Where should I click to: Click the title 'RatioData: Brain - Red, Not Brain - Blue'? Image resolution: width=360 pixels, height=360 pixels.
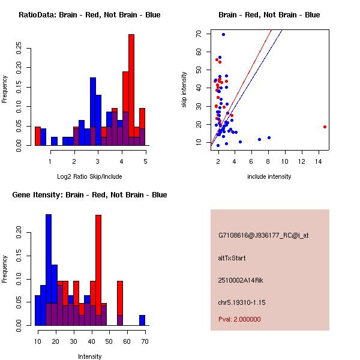coord(89,14)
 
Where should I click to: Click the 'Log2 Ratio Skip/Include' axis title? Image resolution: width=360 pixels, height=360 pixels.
coord(89,176)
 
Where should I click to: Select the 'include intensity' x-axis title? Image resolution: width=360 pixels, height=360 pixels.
coord(269,176)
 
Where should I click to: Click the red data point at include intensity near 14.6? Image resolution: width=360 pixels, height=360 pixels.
coord(325,127)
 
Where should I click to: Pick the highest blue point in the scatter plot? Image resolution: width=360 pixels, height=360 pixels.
coord(223,34)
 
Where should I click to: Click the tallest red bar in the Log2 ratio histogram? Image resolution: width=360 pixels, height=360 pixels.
coord(131,90)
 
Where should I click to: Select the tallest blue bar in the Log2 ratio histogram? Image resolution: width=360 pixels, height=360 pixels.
coord(93,112)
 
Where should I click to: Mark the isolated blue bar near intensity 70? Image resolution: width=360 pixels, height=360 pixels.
coord(142,320)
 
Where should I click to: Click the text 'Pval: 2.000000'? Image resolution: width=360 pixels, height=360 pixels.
coord(239,319)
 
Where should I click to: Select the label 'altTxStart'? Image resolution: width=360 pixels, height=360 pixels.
coord(232,258)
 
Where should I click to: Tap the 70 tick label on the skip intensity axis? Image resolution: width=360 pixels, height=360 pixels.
coord(198,34)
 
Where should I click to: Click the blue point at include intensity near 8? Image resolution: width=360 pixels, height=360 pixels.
coord(269,137)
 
